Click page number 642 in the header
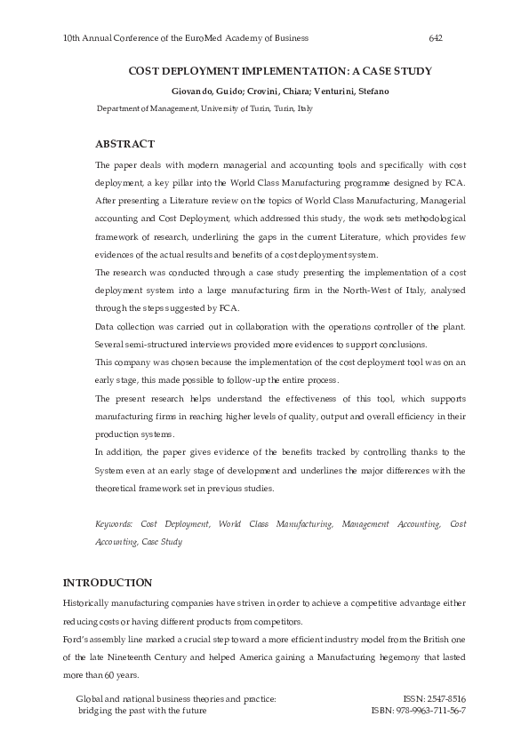coord(436,38)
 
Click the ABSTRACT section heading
coord(124,144)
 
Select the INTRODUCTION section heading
coord(107,583)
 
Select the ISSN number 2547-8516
coord(447,700)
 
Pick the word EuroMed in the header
coord(204,38)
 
